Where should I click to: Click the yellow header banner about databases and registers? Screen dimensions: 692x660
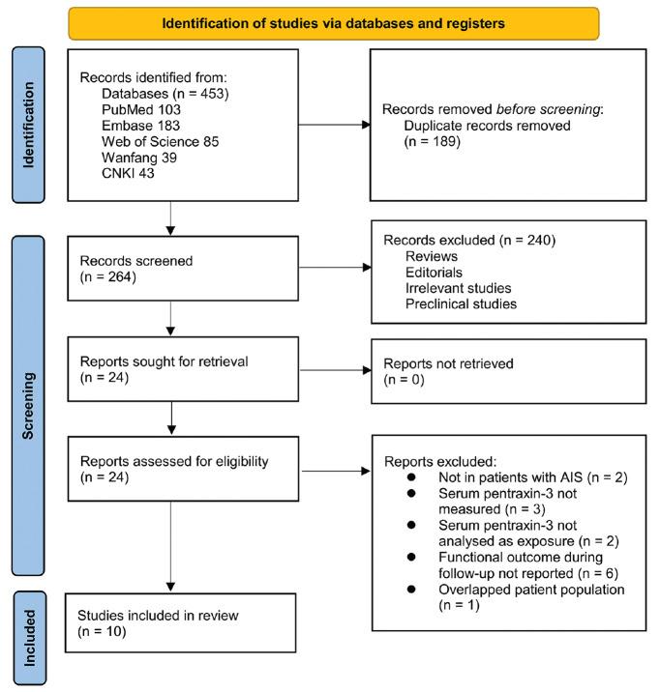tap(333, 23)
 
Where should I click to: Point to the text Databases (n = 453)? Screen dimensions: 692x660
tap(160, 92)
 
